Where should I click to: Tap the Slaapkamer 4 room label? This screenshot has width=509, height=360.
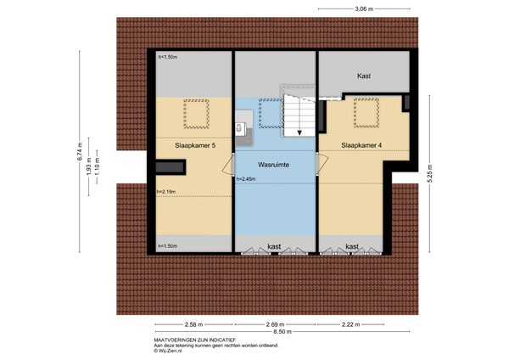361,145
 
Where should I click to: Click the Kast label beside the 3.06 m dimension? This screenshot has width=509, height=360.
364,76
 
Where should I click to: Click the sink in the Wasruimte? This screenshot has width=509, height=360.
240,130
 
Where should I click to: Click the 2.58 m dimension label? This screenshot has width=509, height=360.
194,325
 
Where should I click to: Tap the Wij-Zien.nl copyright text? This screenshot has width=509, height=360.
169,352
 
